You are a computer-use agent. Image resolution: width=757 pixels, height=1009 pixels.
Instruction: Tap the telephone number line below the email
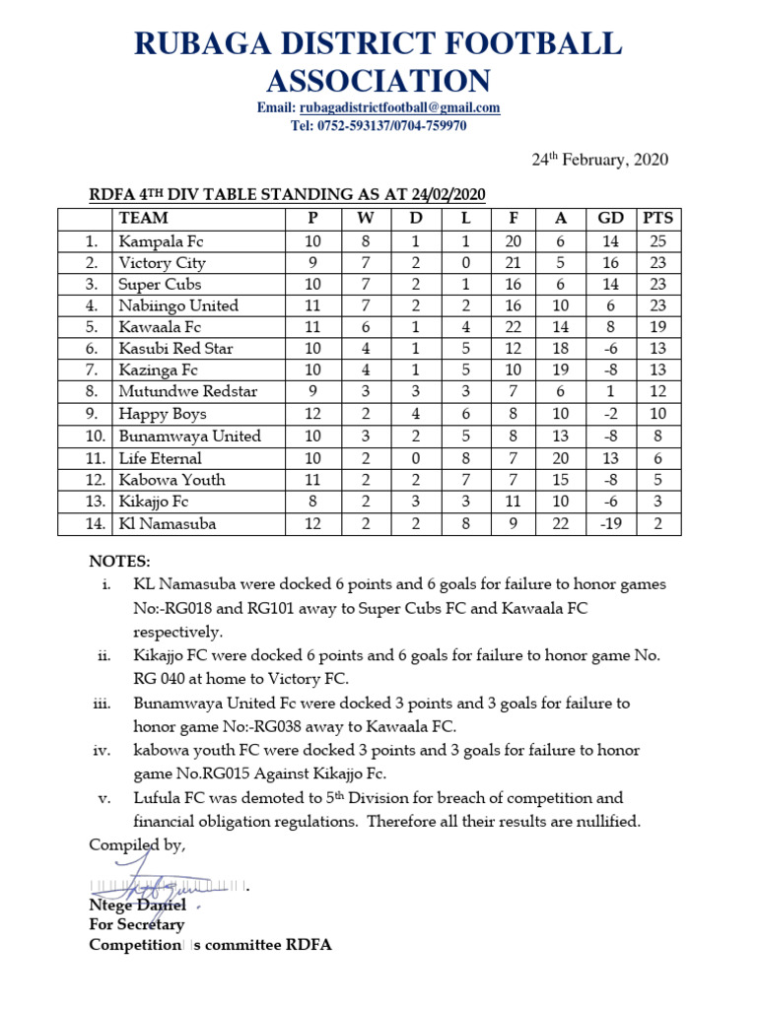pyautogui.click(x=378, y=125)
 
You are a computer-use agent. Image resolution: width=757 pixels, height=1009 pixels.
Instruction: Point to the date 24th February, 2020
pyautogui.click(x=599, y=160)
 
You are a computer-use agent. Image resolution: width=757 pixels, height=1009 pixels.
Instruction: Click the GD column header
pyautogui.click(x=611, y=218)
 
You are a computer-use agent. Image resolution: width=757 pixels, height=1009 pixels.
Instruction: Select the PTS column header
pyautogui.click(x=657, y=218)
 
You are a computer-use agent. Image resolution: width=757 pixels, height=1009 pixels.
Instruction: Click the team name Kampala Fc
pyautogui.click(x=161, y=240)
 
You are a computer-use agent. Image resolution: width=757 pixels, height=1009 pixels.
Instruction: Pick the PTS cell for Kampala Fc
pyautogui.click(x=657, y=240)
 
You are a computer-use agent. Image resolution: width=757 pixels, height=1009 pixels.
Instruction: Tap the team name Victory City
pyautogui.click(x=162, y=262)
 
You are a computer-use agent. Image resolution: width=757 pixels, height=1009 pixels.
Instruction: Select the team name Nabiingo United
pyautogui.click(x=178, y=305)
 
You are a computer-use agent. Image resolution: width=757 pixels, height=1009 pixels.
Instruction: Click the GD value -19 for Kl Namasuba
pyautogui.click(x=611, y=523)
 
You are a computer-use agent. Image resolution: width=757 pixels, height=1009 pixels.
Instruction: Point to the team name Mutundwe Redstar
pyautogui.click(x=187, y=392)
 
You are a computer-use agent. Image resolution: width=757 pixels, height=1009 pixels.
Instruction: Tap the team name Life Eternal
pyautogui.click(x=160, y=458)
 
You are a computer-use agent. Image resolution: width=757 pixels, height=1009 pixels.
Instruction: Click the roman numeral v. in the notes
pyautogui.click(x=104, y=798)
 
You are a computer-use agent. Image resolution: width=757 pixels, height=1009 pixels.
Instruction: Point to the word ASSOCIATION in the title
pyautogui.click(x=378, y=80)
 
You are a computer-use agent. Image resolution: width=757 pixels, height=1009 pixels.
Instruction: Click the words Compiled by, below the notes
pyautogui.click(x=137, y=845)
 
